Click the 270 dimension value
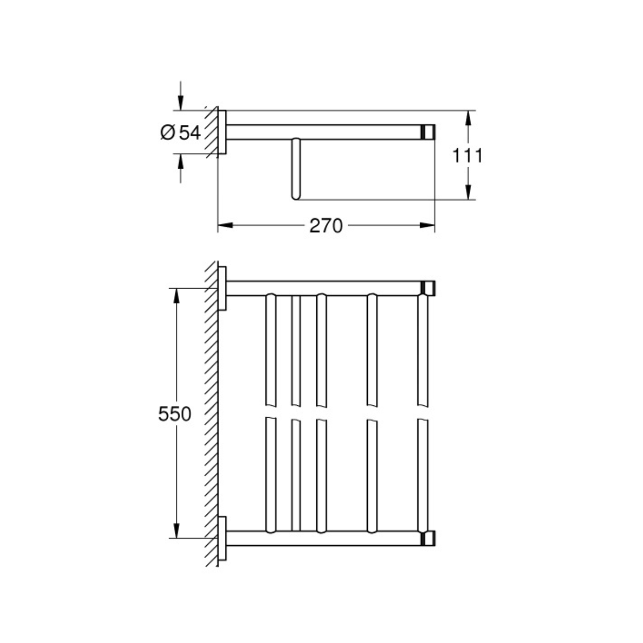[x=326, y=226]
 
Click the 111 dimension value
[x=467, y=155]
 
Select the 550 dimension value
[x=174, y=414]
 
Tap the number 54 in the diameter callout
[x=190, y=133]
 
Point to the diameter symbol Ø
[x=168, y=133]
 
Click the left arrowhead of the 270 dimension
[x=225, y=226]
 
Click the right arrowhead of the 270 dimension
[x=427, y=226]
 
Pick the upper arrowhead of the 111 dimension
[x=468, y=118]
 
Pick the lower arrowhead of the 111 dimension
[x=468, y=192]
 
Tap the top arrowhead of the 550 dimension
[x=176, y=296]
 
